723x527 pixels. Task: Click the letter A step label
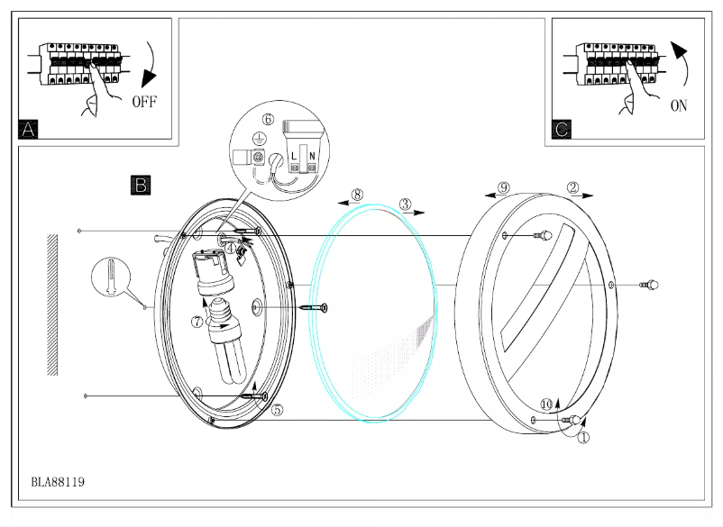(x=28, y=130)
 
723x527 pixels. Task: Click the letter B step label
(x=141, y=186)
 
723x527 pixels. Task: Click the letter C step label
(x=562, y=130)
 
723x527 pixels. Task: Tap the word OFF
(x=144, y=102)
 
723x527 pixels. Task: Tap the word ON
(x=679, y=105)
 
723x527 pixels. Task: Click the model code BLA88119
(x=59, y=483)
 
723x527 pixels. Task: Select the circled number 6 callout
(x=268, y=119)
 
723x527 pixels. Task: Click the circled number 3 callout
(x=406, y=204)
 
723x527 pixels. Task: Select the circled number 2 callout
(x=572, y=187)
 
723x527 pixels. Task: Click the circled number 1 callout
(x=583, y=439)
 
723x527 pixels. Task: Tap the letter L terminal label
(x=294, y=156)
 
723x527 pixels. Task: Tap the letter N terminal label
(x=312, y=156)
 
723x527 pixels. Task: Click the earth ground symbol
(x=259, y=139)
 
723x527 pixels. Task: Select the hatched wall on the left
(x=53, y=305)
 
